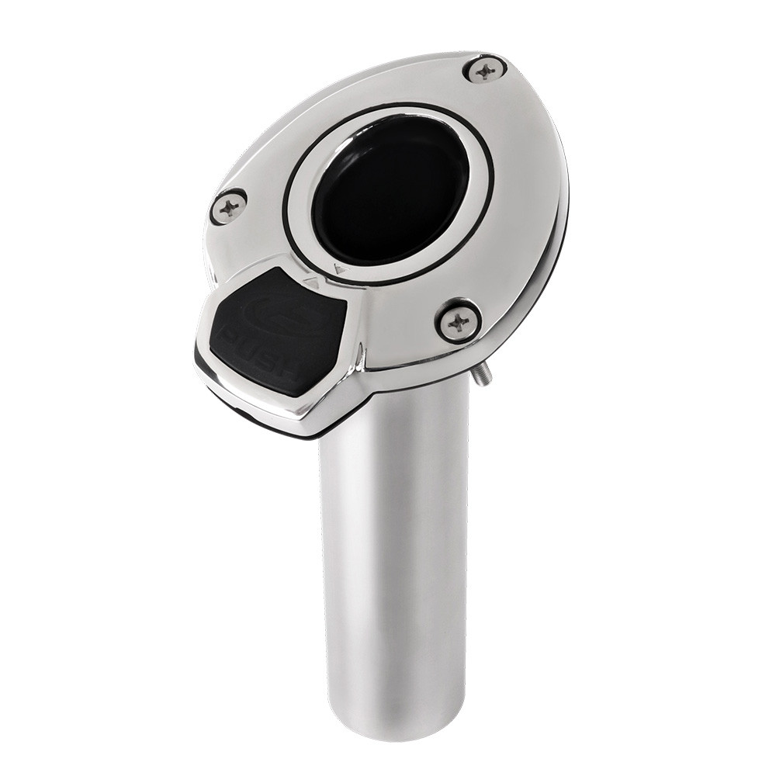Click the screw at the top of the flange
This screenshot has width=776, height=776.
coord(485,70)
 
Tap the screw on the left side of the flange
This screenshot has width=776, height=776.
coord(229,206)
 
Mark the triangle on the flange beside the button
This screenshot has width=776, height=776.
coord(312,284)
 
